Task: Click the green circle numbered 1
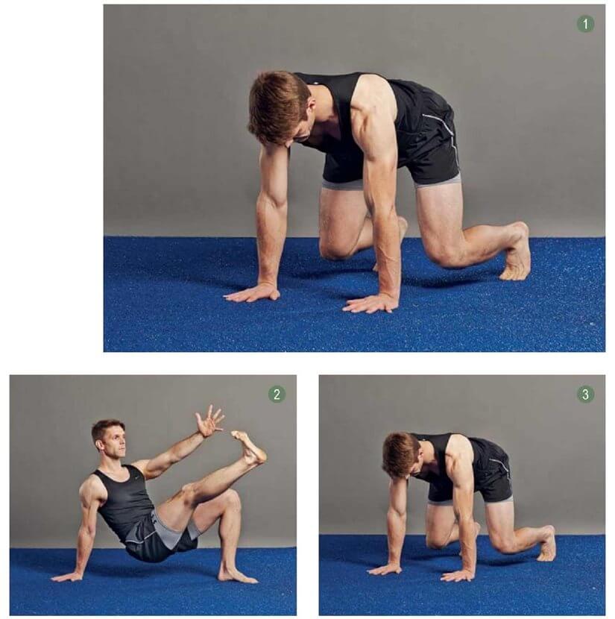click(585, 24)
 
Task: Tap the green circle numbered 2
click(277, 394)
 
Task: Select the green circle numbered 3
click(585, 394)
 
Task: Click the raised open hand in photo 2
click(209, 421)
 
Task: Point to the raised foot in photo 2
click(249, 447)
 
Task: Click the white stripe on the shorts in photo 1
click(446, 134)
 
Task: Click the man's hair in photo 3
click(400, 452)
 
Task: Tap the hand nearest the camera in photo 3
click(458, 576)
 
